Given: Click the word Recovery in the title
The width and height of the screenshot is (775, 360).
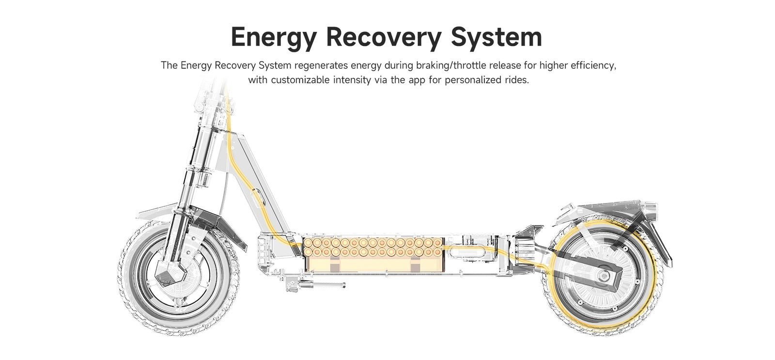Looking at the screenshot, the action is pyautogui.click(x=384, y=37).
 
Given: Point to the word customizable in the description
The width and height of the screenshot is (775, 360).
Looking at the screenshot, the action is pyautogui.click(x=301, y=80).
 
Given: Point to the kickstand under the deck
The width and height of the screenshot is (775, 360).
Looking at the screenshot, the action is pyautogui.click(x=315, y=284).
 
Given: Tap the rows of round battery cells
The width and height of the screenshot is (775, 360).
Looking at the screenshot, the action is pyautogui.click(x=372, y=248).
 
